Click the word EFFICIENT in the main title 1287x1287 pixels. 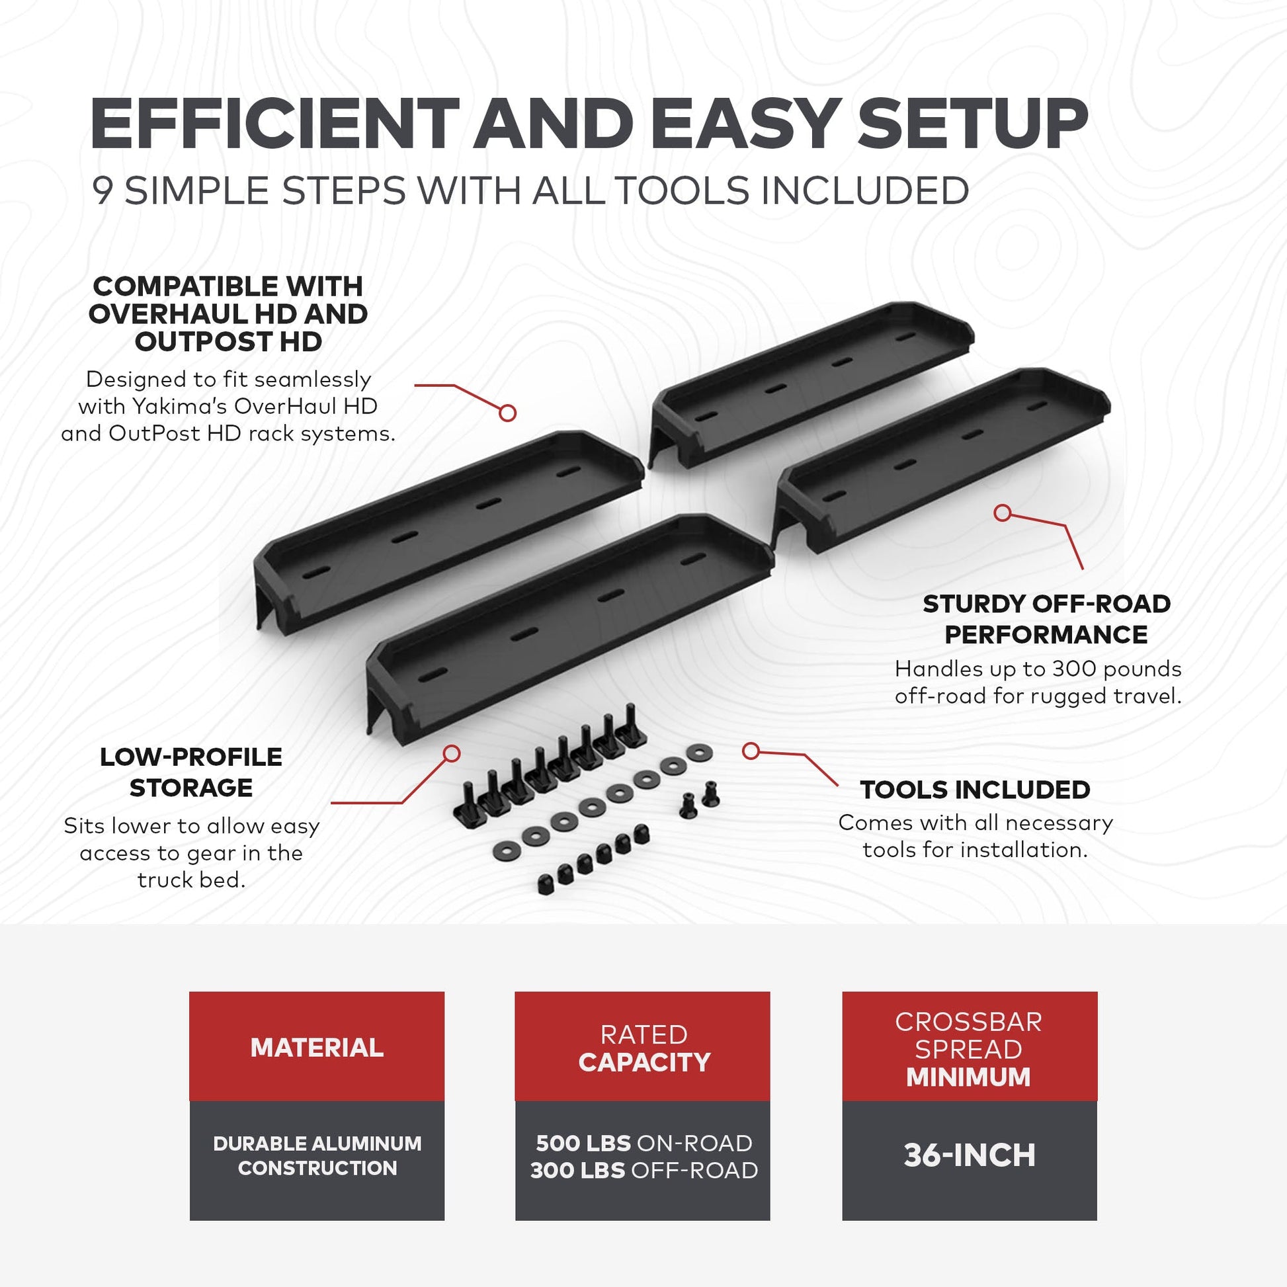click(x=274, y=124)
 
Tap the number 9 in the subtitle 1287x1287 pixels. click(x=102, y=190)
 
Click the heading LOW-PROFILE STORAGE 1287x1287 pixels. click(x=190, y=772)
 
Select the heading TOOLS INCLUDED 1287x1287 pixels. click(x=975, y=790)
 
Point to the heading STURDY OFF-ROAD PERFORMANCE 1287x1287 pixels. click(x=1046, y=619)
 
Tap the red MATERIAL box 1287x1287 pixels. click(x=316, y=1048)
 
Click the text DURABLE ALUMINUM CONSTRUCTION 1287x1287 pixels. click(x=317, y=1155)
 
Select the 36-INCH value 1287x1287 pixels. click(x=970, y=1155)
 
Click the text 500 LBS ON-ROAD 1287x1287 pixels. click(x=643, y=1143)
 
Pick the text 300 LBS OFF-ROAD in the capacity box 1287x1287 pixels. click(x=643, y=1171)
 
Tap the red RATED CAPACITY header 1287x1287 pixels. click(x=643, y=1048)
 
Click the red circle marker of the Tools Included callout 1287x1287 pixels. click(x=751, y=751)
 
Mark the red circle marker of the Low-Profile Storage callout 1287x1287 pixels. click(x=452, y=753)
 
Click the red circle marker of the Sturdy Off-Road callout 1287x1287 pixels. click(x=1002, y=513)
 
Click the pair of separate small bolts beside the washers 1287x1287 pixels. click(x=700, y=798)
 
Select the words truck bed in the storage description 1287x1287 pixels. click(x=191, y=880)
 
